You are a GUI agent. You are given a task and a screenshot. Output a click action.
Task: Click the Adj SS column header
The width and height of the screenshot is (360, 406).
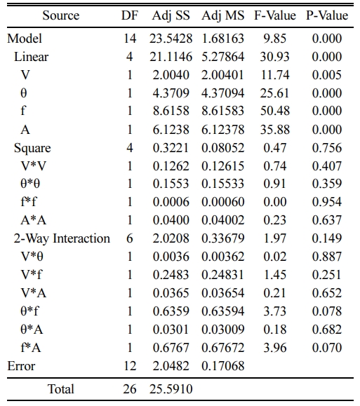tap(171, 15)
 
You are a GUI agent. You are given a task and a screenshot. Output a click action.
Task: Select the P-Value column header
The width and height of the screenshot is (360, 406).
tap(327, 15)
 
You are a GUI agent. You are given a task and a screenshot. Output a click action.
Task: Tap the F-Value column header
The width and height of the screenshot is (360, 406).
tap(275, 15)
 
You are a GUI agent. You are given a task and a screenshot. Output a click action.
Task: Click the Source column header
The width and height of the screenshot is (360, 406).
tap(61, 15)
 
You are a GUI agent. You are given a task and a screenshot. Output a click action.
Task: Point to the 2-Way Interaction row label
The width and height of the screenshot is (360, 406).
tap(62, 238)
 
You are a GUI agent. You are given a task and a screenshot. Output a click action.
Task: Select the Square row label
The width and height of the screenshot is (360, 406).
tap(32, 148)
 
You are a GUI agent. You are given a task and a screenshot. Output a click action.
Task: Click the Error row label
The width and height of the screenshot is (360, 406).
tap(21, 366)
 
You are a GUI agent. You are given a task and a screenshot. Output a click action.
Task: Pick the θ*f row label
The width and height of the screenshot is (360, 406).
tap(29, 311)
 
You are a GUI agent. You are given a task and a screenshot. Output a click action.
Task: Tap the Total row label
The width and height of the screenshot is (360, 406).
tap(61, 389)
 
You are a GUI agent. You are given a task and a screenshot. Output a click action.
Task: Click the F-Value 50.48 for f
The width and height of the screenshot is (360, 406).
tap(275, 111)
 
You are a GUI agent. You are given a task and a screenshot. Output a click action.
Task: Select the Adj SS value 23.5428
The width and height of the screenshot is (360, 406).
tap(171, 39)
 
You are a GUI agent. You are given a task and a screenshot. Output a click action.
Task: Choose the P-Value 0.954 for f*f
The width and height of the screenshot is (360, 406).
tap(327, 202)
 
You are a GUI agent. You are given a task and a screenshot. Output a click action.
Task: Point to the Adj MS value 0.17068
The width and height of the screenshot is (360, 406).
tap(223, 366)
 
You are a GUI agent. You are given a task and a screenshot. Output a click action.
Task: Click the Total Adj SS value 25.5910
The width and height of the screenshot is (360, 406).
tap(171, 389)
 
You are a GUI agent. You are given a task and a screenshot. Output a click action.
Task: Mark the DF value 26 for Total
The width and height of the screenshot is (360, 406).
tap(130, 389)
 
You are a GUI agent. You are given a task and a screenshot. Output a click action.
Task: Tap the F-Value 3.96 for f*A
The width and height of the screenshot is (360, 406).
tap(275, 348)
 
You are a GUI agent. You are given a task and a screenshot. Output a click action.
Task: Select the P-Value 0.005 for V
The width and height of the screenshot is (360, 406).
tap(327, 75)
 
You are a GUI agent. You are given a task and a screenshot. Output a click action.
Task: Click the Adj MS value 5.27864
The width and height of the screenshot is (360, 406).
tap(223, 57)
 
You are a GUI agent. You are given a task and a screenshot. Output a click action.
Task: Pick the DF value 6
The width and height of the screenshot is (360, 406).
tap(130, 238)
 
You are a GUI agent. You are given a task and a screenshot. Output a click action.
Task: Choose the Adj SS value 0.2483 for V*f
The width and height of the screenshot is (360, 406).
tap(171, 275)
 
